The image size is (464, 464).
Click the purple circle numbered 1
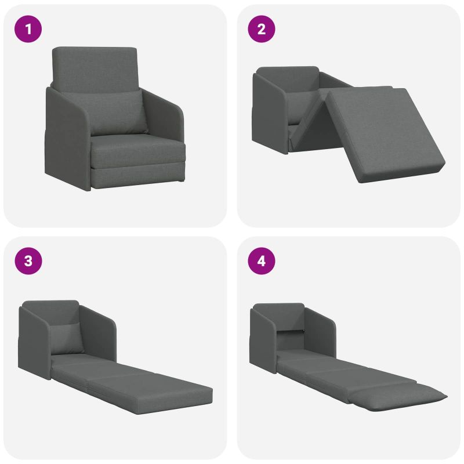pos(28,29)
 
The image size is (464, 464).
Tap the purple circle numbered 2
pos(262,29)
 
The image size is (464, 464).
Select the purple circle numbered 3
pos(28,261)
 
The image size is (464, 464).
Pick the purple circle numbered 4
pos(262,261)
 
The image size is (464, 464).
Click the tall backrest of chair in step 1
pos(95,68)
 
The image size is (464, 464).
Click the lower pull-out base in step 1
pos(138,175)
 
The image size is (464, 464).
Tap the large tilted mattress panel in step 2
pos(385,133)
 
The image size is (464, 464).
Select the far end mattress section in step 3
pos(151,390)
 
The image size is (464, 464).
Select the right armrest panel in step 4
pos(321,331)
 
